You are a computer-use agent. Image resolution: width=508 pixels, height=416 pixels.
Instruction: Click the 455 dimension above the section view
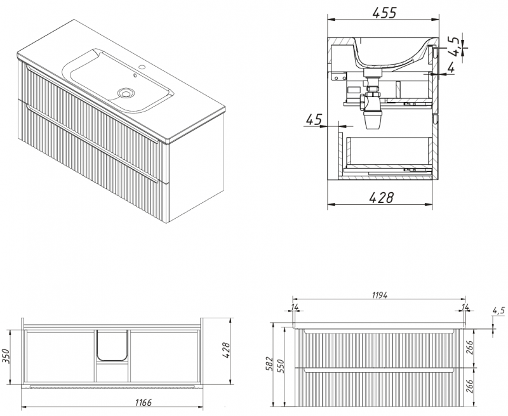pos(384,13)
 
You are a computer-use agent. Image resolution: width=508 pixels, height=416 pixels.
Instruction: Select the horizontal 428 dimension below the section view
pos(382,197)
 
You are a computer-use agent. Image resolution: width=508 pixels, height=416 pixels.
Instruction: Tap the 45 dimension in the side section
pos(314,119)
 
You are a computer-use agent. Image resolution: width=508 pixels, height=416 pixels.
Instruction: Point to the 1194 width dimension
pos(379,295)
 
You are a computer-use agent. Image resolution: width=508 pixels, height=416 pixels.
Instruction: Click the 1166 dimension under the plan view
pos(144,403)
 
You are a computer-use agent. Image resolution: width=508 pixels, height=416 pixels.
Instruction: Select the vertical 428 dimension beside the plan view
pos(226,350)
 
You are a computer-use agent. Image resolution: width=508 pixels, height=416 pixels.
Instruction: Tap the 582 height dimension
pos(271,365)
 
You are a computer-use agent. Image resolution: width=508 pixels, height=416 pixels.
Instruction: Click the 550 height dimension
pos(281,366)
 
